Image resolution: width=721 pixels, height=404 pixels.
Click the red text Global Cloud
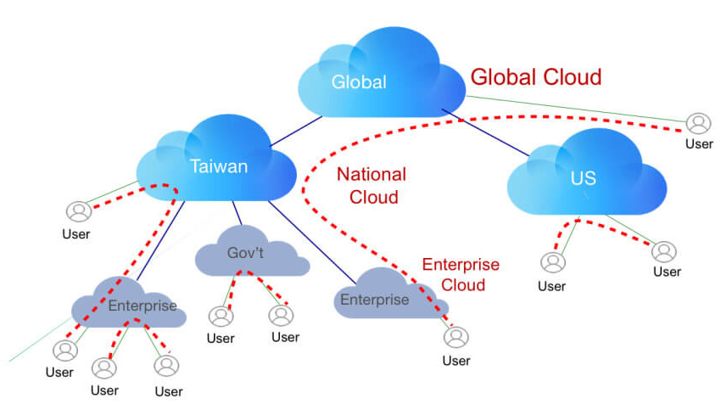(x=536, y=77)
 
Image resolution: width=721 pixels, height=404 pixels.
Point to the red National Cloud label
(x=371, y=186)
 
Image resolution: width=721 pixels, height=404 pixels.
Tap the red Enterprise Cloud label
(x=461, y=275)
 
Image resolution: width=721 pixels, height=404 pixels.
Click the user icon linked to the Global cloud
(x=698, y=124)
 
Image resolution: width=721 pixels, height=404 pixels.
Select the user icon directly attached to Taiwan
(x=79, y=211)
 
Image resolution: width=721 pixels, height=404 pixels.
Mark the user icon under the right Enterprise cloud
(x=456, y=337)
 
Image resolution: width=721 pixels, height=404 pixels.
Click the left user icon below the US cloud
(x=553, y=263)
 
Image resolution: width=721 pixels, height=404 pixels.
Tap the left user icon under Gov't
(x=221, y=317)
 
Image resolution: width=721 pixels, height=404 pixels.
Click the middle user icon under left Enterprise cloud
(x=104, y=368)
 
